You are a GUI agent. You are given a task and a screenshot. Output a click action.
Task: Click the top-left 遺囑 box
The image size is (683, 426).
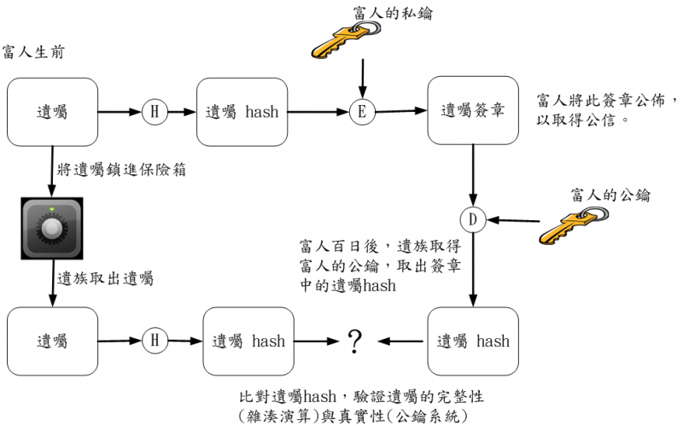pos(52,111)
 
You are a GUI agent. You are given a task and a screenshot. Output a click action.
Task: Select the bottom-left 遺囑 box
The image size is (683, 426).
pos(52,341)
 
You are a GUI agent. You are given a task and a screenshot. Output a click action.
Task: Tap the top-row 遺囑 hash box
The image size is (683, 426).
pos(242,111)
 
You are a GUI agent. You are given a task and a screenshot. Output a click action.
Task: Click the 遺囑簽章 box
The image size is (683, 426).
pos(473,110)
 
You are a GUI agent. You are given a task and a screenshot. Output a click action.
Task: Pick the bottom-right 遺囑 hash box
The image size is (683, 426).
pos(473,341)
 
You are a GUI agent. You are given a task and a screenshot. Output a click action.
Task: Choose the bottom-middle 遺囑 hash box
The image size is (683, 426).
pos(248,341)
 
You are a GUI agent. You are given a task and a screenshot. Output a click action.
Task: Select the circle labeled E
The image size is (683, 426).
pos(363,111)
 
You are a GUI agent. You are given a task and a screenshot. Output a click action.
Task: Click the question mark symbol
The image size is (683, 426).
pos(355,342)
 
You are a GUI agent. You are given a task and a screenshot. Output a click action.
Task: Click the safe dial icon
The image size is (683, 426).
pos(52,228)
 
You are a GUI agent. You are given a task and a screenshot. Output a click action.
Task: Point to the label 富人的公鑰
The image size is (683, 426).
pos(610,195)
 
